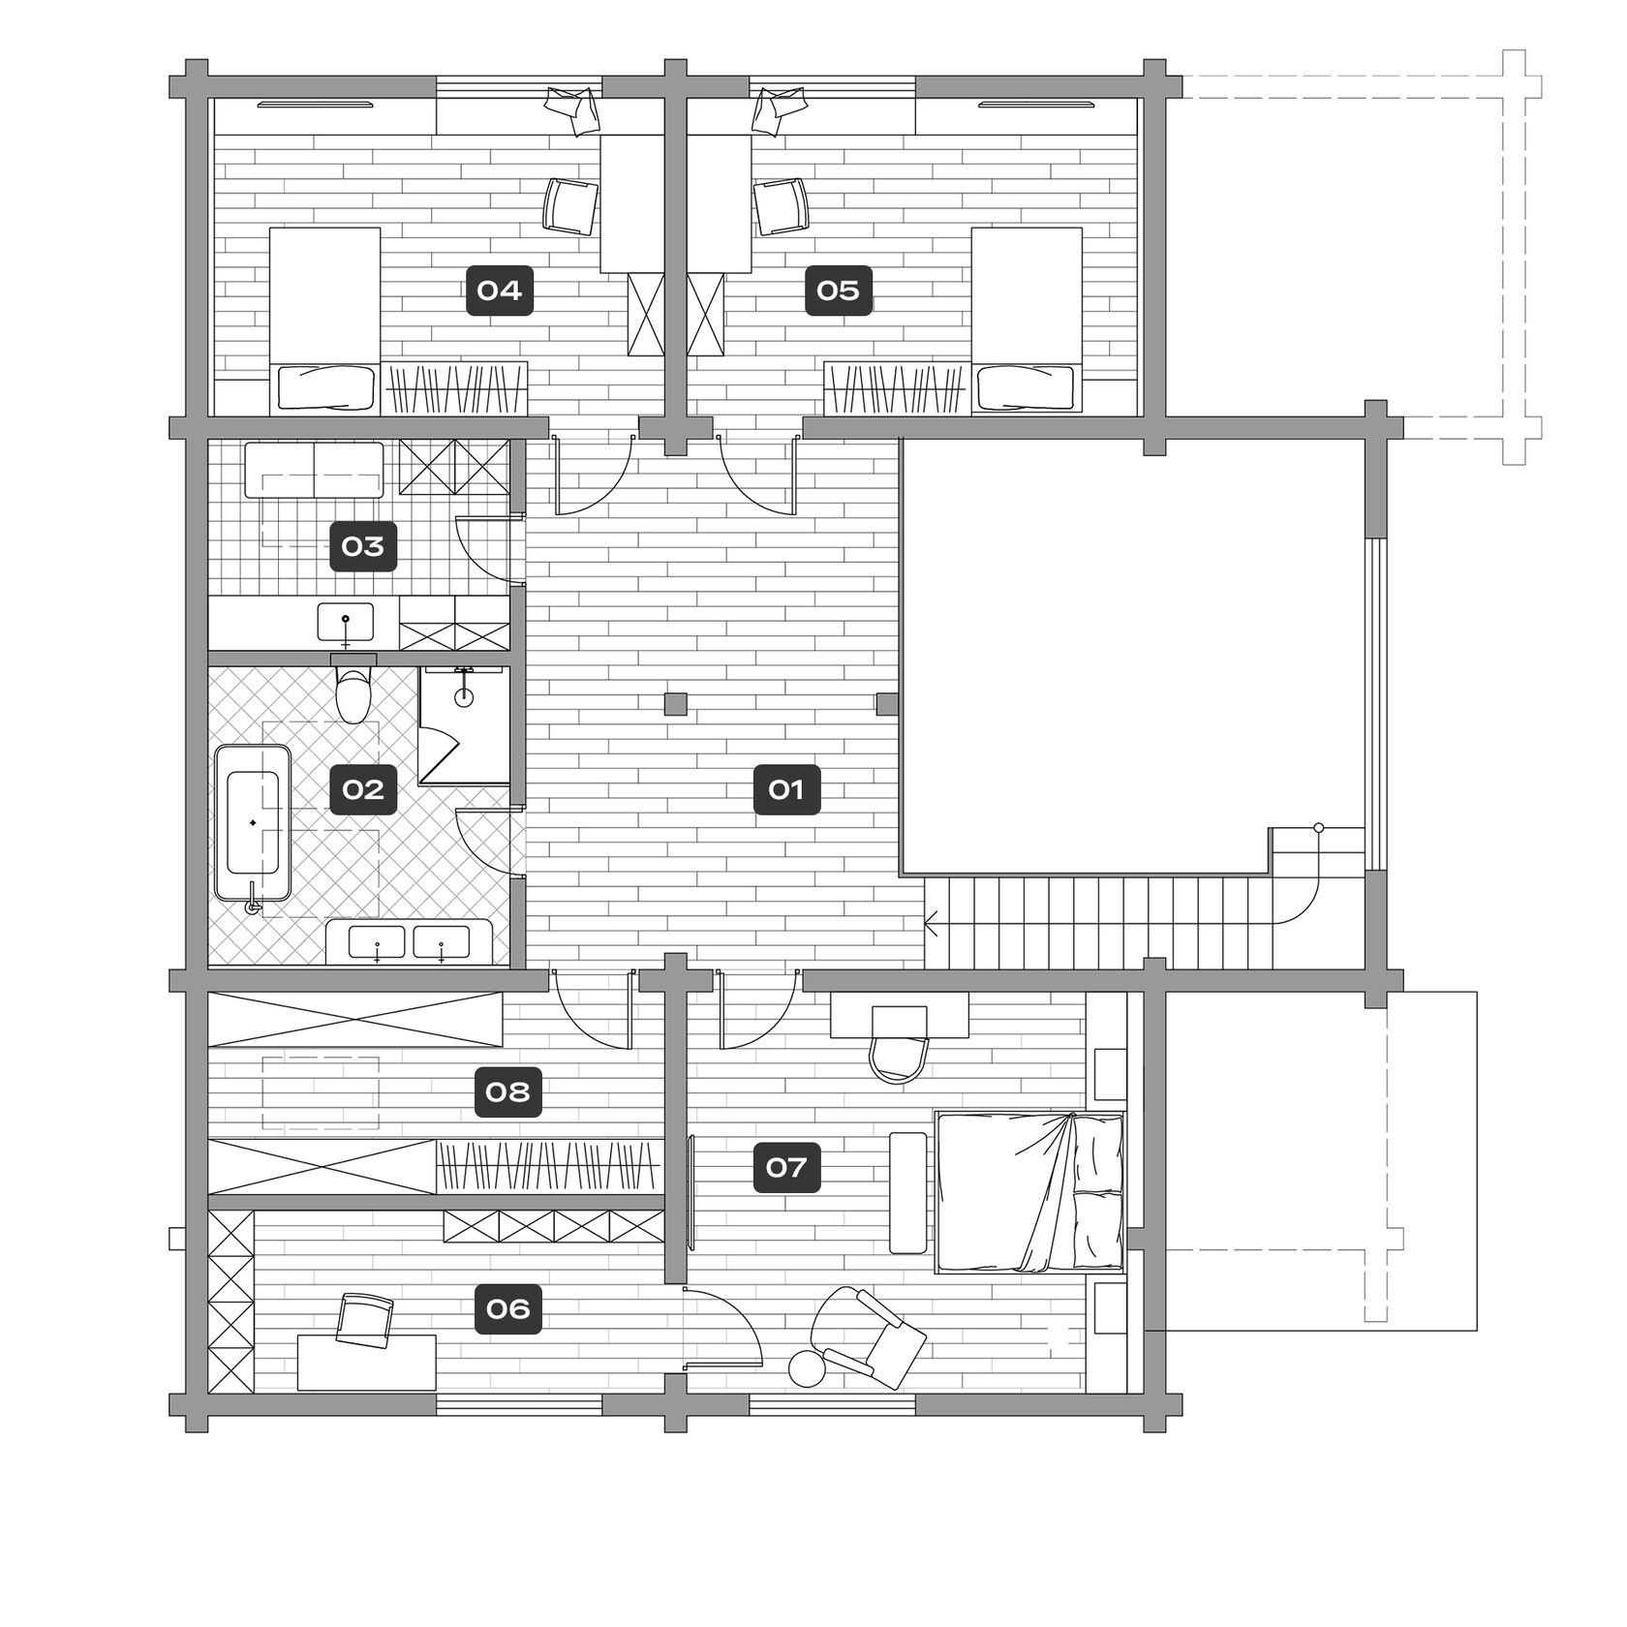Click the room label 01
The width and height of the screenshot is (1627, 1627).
tap(786, 790)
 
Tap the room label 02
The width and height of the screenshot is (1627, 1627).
tap(363, 790)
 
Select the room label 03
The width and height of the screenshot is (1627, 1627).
tap(363, 547)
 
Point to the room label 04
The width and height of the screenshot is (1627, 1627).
tap(500, 291)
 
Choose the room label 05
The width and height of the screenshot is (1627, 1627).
tap(839, 291)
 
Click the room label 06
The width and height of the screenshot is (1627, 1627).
tap(508, 1310)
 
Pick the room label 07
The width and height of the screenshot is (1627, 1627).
tap(786, 1168)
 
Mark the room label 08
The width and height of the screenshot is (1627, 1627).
tap(508, 1092)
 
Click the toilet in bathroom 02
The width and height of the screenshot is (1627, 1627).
tap(353, 688)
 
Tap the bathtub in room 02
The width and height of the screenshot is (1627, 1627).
tap(253, 823)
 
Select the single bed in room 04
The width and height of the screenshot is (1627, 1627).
tap(324, 320)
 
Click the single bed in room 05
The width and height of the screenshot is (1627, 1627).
tap(1027, 320)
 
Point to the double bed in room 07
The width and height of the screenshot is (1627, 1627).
tap(1029, 1192)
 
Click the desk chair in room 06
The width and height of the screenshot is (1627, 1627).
tap(364, 1319)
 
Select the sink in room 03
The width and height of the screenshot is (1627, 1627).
tap(346, 623)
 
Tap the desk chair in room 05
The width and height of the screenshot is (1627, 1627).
tap(781, 205)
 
